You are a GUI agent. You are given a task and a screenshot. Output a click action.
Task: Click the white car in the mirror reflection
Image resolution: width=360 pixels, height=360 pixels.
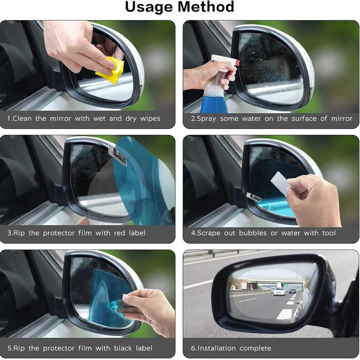(279, 291)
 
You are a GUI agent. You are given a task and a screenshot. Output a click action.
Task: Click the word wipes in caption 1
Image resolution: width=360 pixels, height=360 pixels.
(150, 119)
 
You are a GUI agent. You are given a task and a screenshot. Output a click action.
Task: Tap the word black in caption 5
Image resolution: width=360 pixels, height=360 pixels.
(119, 348)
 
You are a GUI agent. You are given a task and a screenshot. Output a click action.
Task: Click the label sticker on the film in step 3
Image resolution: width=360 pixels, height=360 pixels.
(118, 156)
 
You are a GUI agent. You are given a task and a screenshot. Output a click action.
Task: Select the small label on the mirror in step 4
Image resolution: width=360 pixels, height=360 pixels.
(254, 198)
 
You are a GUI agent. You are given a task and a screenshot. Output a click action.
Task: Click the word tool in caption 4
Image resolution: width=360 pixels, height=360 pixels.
(329, 233)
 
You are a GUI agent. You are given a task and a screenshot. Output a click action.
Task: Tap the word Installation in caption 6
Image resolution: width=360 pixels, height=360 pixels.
(217, 348)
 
